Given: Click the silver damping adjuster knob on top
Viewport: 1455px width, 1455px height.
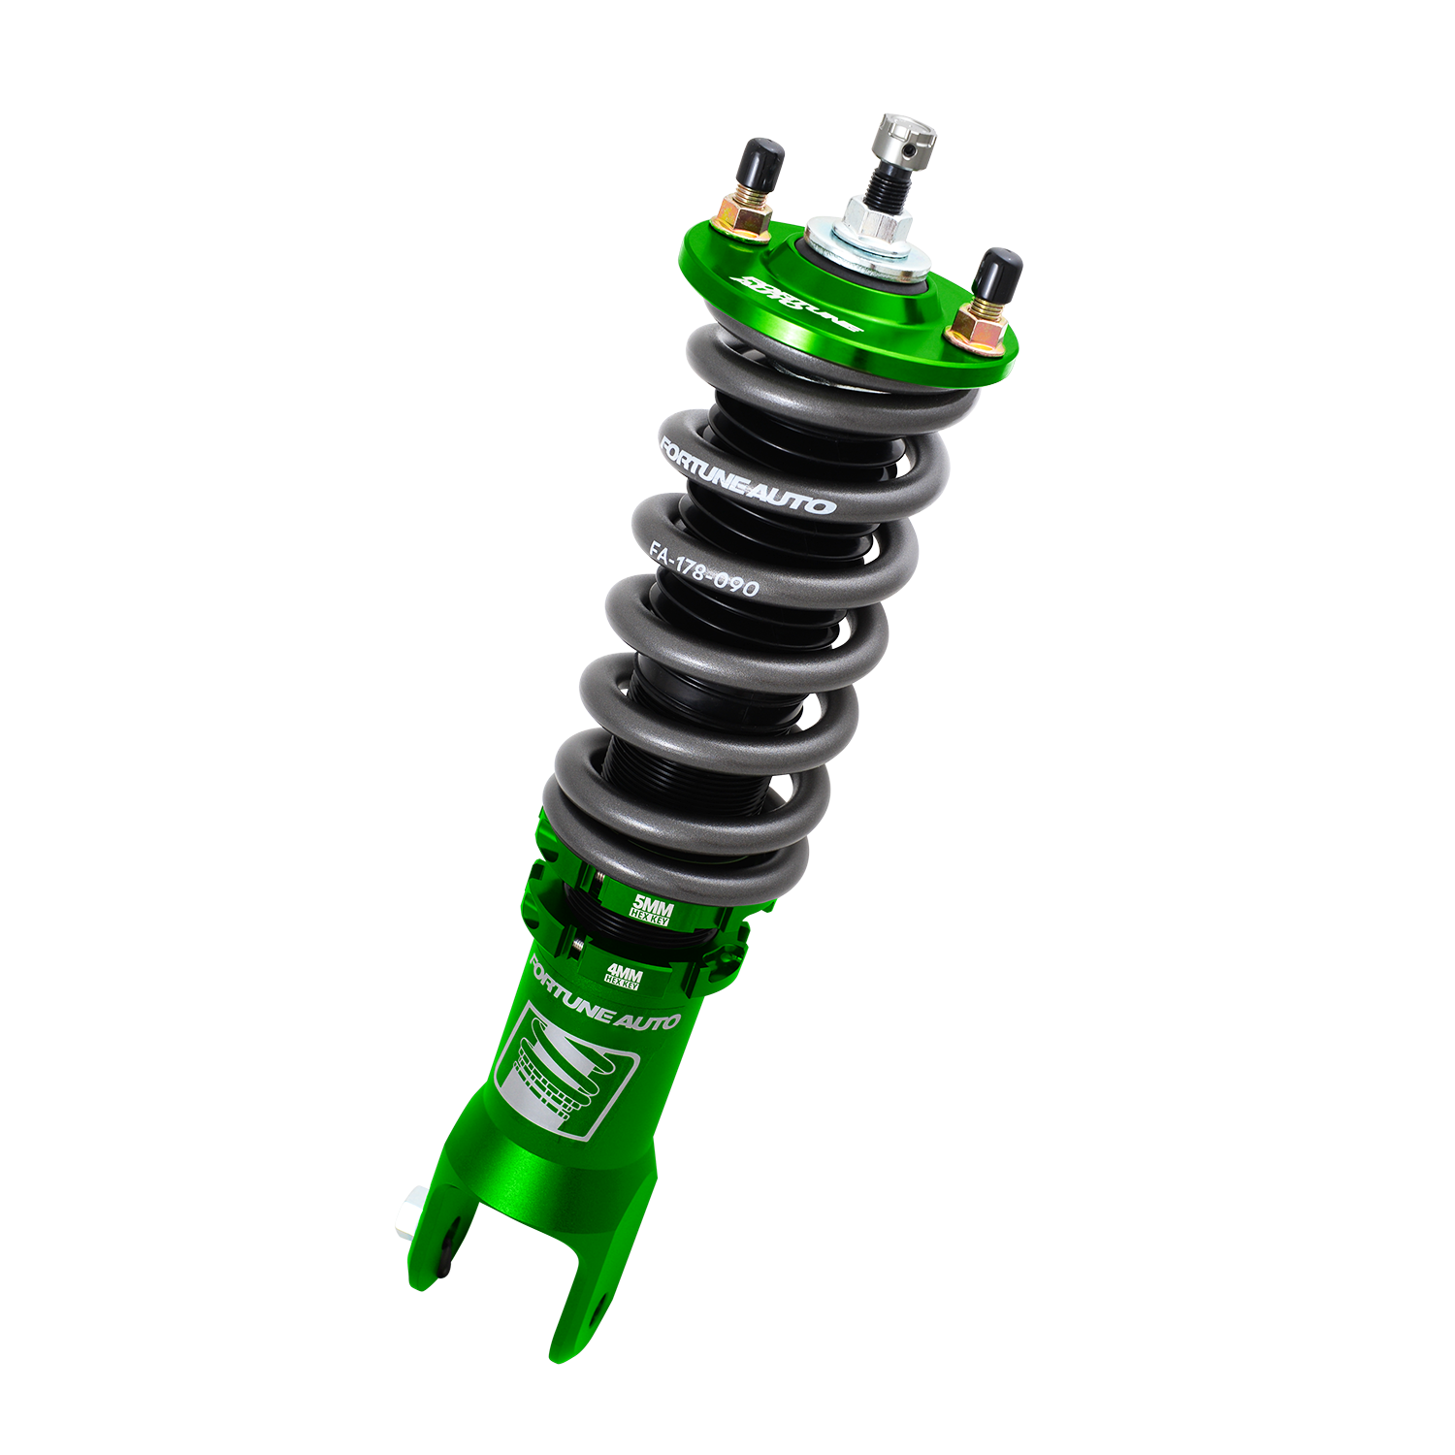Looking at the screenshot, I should (908, 137).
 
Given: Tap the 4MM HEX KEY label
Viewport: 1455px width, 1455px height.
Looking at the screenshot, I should (621, 974).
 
